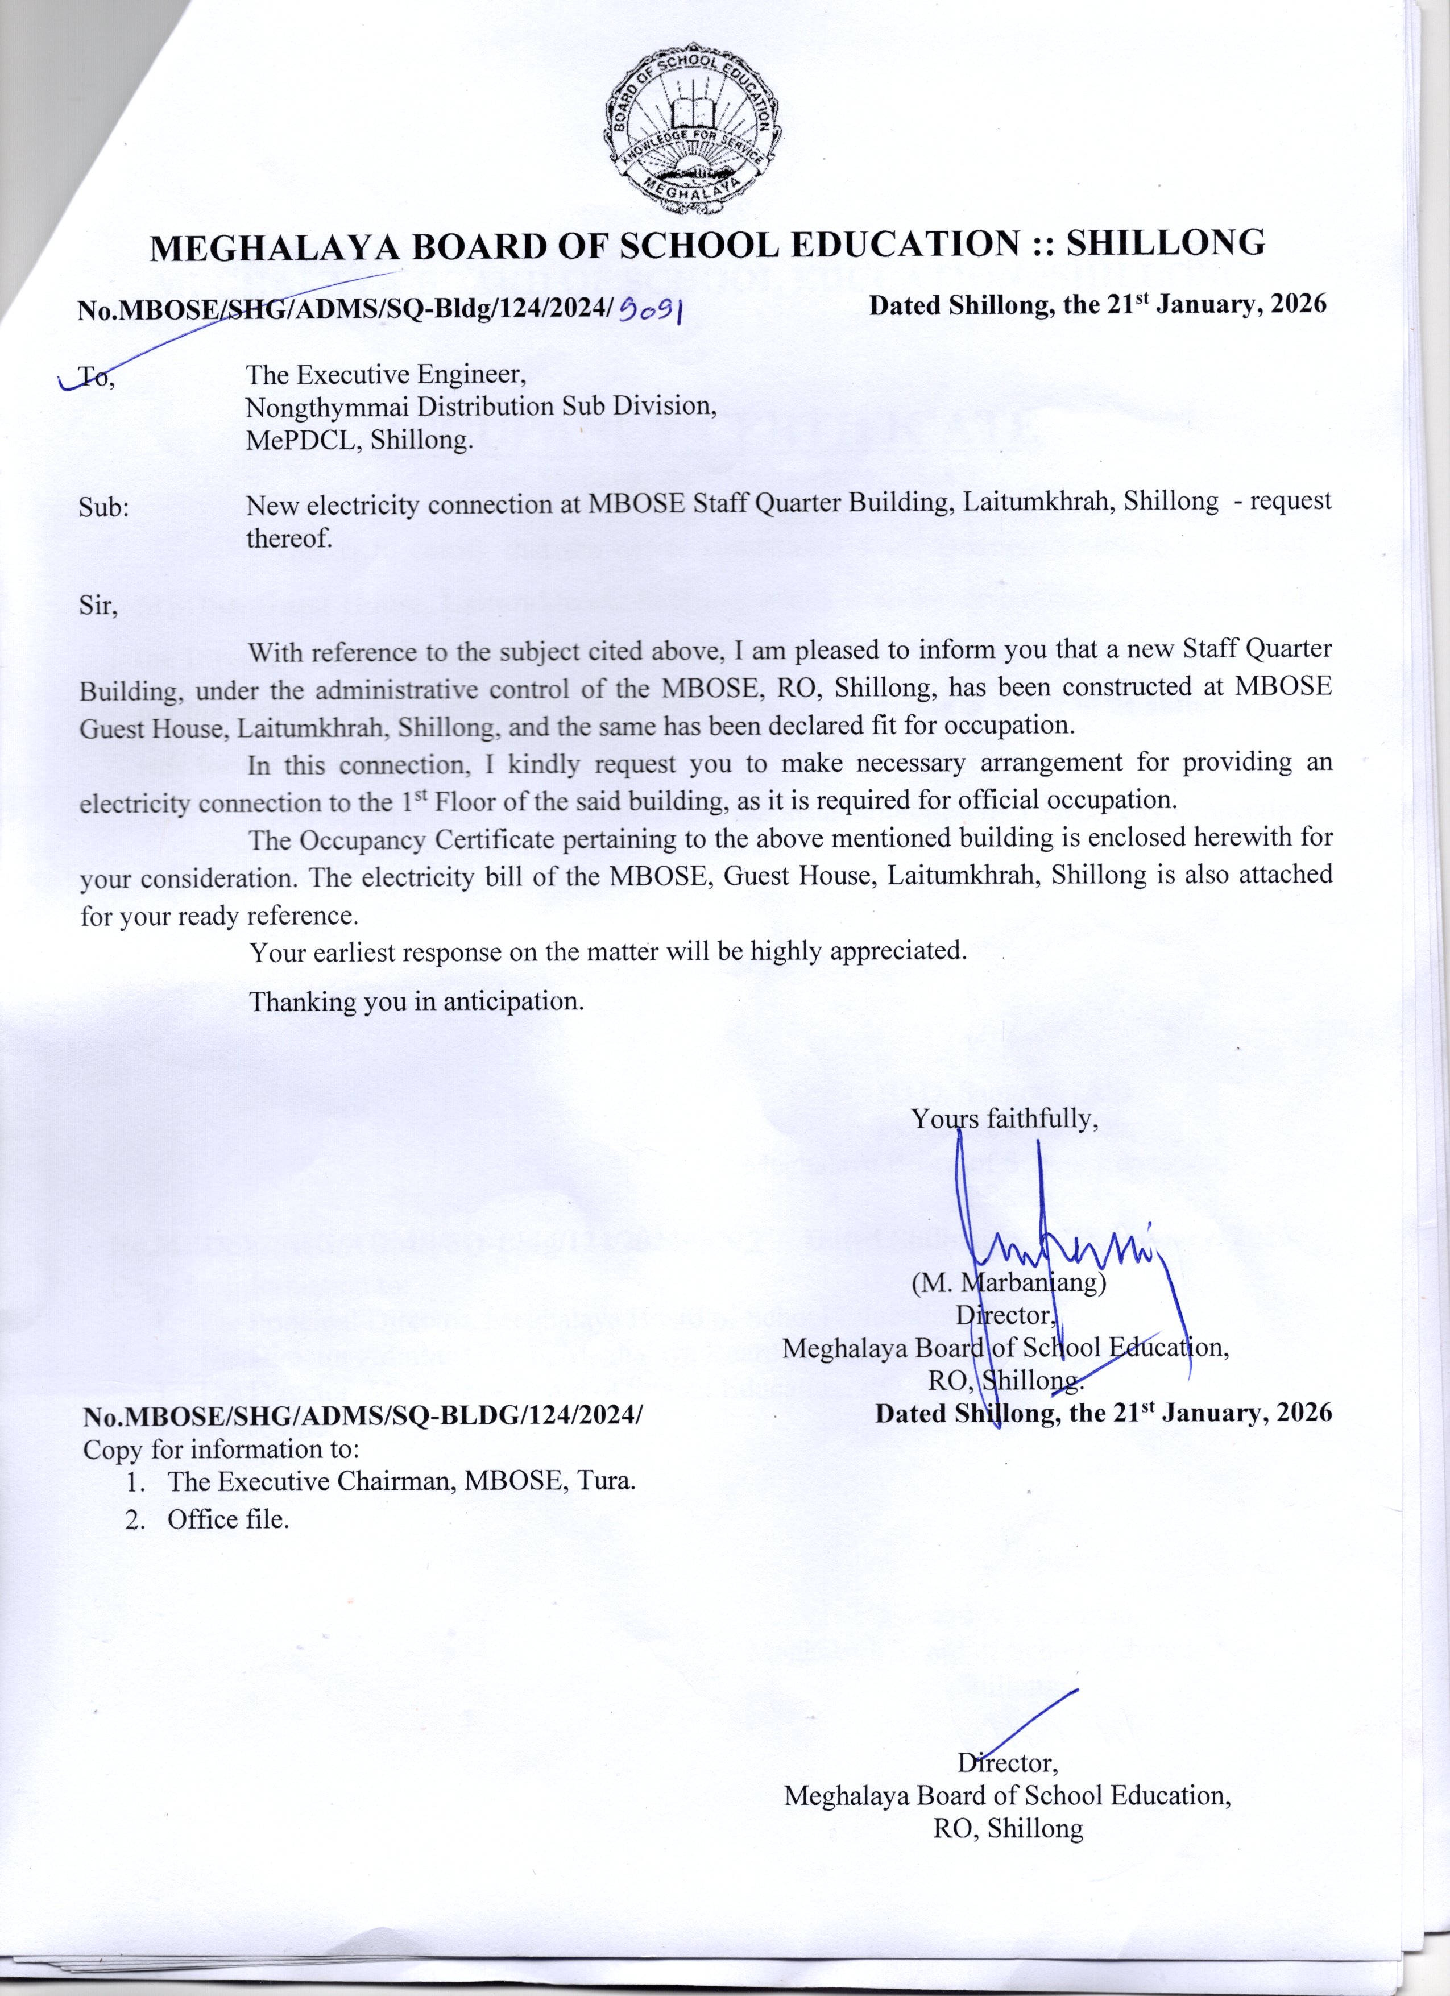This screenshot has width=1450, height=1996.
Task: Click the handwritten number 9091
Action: point(652,308)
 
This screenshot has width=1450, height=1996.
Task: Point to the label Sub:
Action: point(104,507)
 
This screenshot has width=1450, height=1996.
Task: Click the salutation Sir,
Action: point(98,606)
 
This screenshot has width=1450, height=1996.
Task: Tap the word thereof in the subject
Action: point(289,538)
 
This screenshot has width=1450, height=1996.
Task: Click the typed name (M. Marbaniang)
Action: point(1008,1282)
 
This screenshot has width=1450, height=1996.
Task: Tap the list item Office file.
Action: point(228,1519)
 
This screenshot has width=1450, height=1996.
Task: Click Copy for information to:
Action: point(220,1448)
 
